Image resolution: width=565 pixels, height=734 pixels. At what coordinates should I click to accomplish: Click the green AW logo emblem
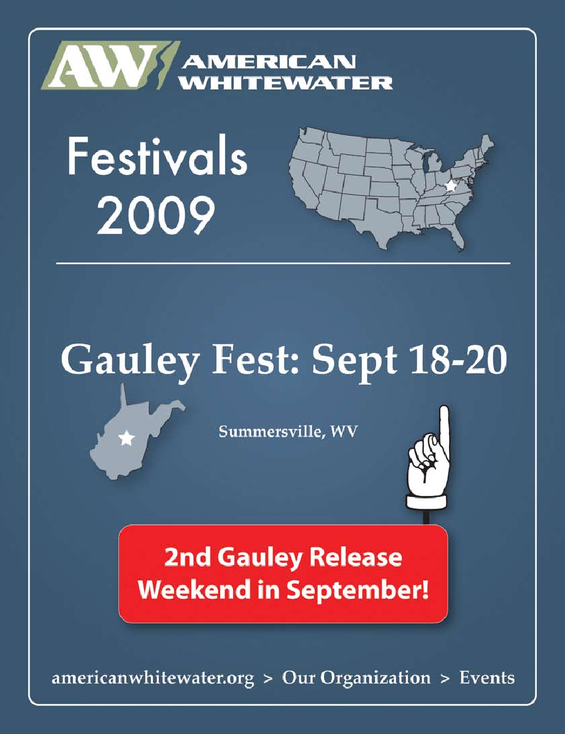111,65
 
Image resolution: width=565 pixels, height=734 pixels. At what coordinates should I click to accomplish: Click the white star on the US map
450,186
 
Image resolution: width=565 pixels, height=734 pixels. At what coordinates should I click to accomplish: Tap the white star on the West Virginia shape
126,438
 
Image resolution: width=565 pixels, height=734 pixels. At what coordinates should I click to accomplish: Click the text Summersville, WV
288,431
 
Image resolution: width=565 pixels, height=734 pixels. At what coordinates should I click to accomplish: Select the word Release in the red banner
355,557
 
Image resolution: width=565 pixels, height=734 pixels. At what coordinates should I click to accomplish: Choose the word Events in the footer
487,678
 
